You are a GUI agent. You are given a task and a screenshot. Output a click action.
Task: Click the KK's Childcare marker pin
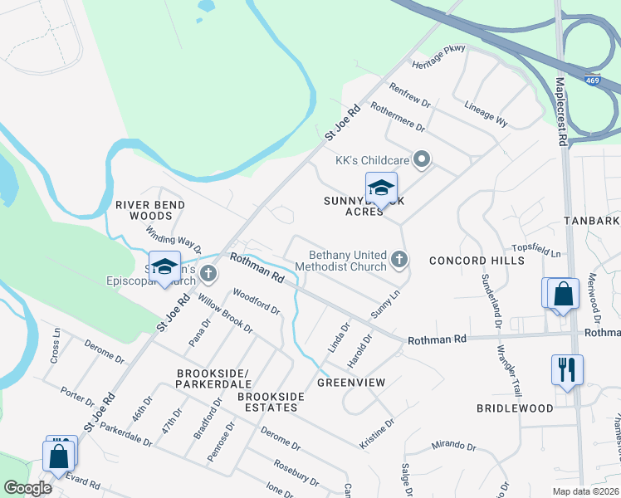point(423,159)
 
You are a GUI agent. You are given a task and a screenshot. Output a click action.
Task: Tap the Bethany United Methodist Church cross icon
point(399,261)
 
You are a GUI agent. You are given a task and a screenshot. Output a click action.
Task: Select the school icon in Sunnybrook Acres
point(381,188)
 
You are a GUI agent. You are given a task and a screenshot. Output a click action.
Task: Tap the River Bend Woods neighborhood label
point(150,210)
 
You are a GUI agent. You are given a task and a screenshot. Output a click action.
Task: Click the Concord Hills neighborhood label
point(477,261)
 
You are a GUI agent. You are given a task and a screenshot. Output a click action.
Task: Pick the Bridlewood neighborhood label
point(515,408)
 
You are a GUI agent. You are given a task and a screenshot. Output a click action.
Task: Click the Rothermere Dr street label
point(399,117)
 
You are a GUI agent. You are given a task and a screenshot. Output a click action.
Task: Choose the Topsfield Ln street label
point(536,251)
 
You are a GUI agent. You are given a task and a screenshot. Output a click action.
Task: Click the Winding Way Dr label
point(174,239)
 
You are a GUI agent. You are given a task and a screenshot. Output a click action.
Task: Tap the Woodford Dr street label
point(257,300)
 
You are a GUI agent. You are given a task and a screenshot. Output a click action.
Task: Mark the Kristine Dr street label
point(377,434)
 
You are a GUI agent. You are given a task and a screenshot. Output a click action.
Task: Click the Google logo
point(27,488)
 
